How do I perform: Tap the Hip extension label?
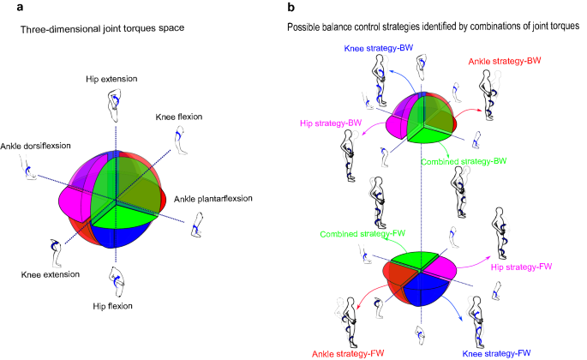pos(108,80)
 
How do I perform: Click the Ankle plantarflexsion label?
pos(214,198)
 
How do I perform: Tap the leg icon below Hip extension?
pos(114,101)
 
